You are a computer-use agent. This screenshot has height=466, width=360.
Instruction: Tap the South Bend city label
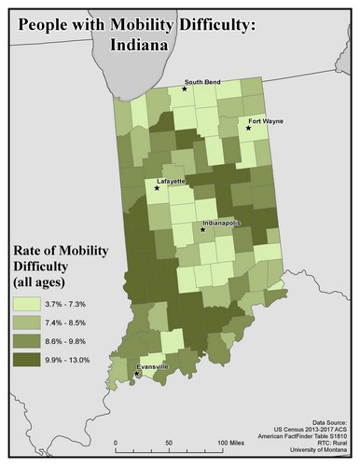coord(203,81)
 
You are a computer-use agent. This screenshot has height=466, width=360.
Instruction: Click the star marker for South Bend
coord(185,89)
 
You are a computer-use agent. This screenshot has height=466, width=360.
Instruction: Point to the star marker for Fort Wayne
coord(248,129)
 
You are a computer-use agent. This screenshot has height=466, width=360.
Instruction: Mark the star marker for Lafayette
coord(157,188)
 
